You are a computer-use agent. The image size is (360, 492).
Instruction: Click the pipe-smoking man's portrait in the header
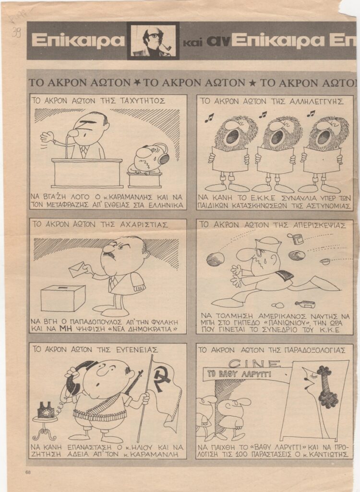(153, 41)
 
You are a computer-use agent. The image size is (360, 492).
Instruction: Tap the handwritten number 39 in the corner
(16, 32)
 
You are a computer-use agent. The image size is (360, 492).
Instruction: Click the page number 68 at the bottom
(28, 472)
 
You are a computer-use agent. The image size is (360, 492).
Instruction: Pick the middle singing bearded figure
(278, 154)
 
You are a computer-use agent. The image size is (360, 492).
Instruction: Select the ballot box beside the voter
(63, 298)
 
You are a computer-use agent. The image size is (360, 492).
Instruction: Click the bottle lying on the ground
(305, 304)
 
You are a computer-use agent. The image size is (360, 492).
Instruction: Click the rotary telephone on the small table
(46, 410)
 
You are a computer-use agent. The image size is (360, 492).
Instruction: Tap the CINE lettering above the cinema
(254, 364)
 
